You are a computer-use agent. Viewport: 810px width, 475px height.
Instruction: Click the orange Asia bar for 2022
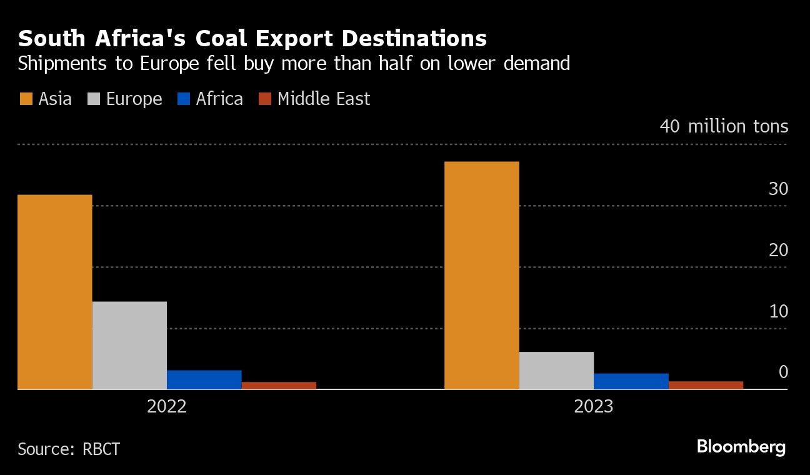[x=55, y=292]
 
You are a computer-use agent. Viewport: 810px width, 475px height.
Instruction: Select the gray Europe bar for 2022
[x=129, y=345]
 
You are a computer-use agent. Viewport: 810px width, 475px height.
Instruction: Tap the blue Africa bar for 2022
[x=204, y=379]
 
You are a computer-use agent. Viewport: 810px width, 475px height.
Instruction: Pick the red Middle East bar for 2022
[x=279, y=385]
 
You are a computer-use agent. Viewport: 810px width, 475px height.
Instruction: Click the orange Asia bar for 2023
[x=481, y=275]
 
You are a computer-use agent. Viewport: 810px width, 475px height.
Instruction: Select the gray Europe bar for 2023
[x=556, y=370]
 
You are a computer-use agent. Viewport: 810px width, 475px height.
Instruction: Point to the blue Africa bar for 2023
[x=631, y=381]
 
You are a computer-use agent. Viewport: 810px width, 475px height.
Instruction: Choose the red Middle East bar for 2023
[x=706, y=385]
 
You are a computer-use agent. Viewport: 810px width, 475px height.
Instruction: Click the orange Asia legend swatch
[x=26, y=99]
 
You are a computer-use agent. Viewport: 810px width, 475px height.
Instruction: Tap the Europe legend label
[x=134, y=99]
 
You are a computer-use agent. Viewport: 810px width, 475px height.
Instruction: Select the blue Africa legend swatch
[x=183, y=99]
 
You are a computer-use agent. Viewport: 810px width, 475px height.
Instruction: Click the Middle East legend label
[x=323, y=99]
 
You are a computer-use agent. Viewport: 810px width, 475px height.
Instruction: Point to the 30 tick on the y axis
[x=778, y=189]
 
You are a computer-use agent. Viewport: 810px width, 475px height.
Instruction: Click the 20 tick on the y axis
[x=778, y=250]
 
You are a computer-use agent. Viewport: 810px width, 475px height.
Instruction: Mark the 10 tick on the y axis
[x=778, y=311]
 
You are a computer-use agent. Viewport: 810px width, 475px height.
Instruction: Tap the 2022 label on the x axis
[x=167, y=407]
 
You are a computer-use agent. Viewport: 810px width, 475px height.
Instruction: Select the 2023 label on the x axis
[x=594, y=407]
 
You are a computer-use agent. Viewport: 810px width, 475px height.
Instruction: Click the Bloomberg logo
[x=741, y=447]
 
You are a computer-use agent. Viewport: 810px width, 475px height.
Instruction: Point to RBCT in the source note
[x=101, y=449]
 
